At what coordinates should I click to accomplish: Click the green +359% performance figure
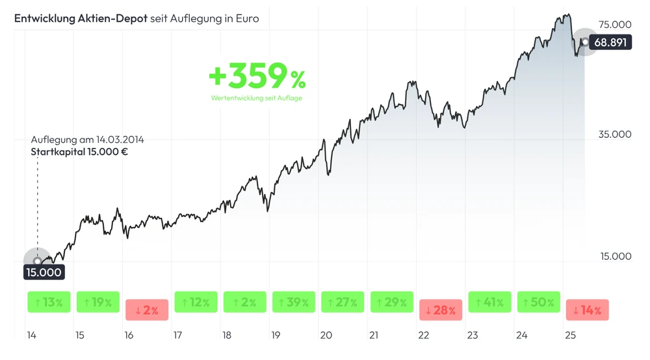coord(257,76)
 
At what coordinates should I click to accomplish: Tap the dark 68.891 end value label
coord(610,42)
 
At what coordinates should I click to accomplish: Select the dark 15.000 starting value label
coord(44,272)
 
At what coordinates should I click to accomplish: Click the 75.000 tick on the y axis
coord(614,25)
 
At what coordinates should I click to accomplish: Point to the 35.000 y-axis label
coord(614,135)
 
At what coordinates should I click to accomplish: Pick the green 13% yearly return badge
coord(49,302)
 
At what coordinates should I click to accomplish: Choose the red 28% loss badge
coord(441,310)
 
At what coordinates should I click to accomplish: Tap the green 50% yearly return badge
coord(539,302)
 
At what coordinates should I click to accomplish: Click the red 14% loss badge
coord(588,310)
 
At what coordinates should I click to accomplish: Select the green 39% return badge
coord(294,302)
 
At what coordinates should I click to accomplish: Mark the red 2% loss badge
coord(147,310)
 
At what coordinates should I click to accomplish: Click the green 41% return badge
coord(489,302)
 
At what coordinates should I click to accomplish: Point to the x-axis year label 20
coord(326,335)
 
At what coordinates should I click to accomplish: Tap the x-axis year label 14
coord(31,335)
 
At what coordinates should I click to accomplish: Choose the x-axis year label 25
coord(570,335)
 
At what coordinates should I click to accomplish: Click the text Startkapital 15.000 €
coord(79,152)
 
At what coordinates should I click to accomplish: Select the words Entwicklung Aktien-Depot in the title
coord(81,19)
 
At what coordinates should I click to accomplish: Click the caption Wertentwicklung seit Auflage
coord(257,98)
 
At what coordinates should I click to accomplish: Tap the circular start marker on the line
coord(37,261)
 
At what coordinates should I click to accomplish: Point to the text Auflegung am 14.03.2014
coord(87,140)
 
